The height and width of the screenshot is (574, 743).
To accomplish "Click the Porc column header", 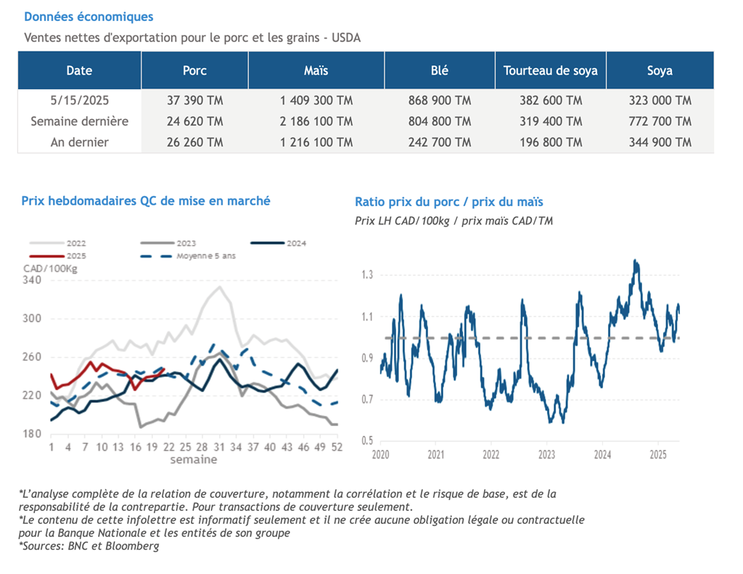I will [x=194, y=70].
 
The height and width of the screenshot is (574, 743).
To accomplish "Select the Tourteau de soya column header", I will [x=551, y=70].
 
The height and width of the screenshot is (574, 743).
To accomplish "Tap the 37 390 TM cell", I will [x=194, y=100].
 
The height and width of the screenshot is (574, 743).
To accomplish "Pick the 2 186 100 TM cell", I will [x=316, y=121].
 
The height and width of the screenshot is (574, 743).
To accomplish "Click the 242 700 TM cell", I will [x=439, y=142].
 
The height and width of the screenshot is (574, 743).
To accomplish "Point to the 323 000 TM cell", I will [x=660, y=100].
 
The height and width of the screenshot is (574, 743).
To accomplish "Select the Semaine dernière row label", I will [x=79, y=121].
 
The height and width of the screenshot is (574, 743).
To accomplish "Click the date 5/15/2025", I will [x=79, y=100].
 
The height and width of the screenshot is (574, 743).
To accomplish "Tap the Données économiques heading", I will [x=89, y=17].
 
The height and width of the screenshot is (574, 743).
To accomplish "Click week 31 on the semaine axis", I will [x=218, y=447].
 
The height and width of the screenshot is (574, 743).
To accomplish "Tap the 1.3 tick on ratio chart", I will [x=368, y=275].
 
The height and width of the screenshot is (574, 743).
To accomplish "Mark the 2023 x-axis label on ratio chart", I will [x=546, y=455].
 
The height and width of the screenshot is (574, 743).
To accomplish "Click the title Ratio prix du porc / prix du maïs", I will [x=448, y=202].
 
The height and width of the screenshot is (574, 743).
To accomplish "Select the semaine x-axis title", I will [x=193, y=459].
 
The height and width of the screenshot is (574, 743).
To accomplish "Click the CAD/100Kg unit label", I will [x=50, y=268].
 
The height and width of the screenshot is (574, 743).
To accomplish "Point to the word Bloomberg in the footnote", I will [x=136, y=546].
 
